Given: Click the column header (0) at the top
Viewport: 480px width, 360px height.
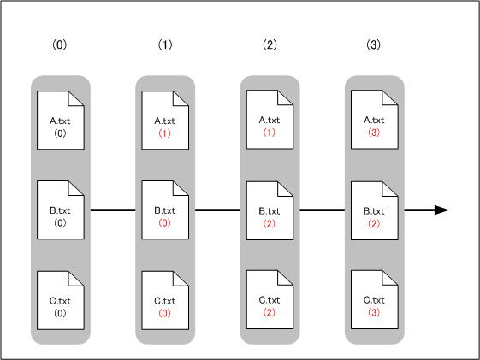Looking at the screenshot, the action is pyautogui.click(x=59, y=44).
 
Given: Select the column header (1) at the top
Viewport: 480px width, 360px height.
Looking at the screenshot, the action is pyautogui.click(x=165, y=44).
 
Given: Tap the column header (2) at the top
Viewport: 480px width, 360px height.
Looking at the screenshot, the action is pyautogui.click(x=270, y=44).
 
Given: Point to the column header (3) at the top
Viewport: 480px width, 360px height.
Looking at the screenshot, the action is pyautogui.click(x=373, y=44).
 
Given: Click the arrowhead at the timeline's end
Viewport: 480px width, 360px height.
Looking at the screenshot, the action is pyautogui.click(x=441, y=210).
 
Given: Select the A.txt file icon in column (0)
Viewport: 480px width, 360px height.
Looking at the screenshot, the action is pyautogui.click(x=61, y=121).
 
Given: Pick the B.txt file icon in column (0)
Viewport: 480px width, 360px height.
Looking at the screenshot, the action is pyautogui.click(x=61, y=210).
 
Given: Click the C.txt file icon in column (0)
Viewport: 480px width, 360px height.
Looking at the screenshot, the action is pyautogui.click(x=61, y=300).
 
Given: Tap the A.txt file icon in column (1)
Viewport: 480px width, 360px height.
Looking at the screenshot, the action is pyautogui.click(x=165, y=121).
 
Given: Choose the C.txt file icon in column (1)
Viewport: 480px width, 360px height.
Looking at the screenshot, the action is pyautogui.click(x=165, y=300).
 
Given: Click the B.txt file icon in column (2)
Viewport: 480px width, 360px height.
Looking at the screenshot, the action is pyautogui.click(x=270, y=210).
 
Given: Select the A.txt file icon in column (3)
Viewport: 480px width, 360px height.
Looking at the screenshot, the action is pyautogui.click(x=375, y=120).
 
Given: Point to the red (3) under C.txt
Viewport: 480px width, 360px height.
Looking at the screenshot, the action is pyautogui.click(x=374, y=312).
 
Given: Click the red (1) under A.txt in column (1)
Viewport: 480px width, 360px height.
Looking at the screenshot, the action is pyautogui.click(x=164, y=133).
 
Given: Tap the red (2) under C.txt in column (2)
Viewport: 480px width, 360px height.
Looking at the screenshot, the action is pyautogui.click(x=269, y=312).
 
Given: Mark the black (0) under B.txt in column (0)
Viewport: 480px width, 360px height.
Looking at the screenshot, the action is pyautogui.click(x=60, y=222).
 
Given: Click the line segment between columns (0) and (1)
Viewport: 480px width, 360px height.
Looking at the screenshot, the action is pyautogui.click(x=113, y=210).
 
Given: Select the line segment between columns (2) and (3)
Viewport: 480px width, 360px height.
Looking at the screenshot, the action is pyautogui.click(x=322, y=210).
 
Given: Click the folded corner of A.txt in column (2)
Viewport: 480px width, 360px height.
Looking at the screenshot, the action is pyautogui.click(x=284, y=98).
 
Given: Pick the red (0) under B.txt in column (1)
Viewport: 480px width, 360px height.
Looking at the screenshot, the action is pyautogui.click(x=164, y=222).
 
